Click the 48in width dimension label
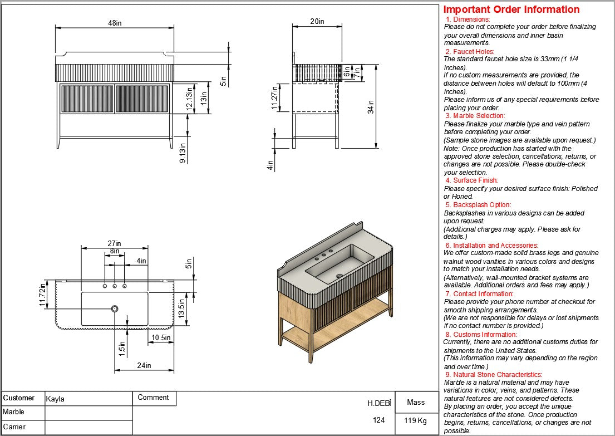point(115,23)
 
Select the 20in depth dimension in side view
point(317,21)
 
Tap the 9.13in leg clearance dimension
point(182,152)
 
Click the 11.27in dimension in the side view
point(274,98)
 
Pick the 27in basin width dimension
point(115,243)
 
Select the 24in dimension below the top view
point(144,365)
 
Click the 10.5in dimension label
point(161,337)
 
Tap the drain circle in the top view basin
point(115,308)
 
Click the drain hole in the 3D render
point(339,275)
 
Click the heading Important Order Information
point(511,9)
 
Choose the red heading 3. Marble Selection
point(475,116)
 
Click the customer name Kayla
point(55,399)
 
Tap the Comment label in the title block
point(153,398)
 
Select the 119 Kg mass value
point(415,420)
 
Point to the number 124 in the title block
point(379,420)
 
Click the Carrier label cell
point(14,427)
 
